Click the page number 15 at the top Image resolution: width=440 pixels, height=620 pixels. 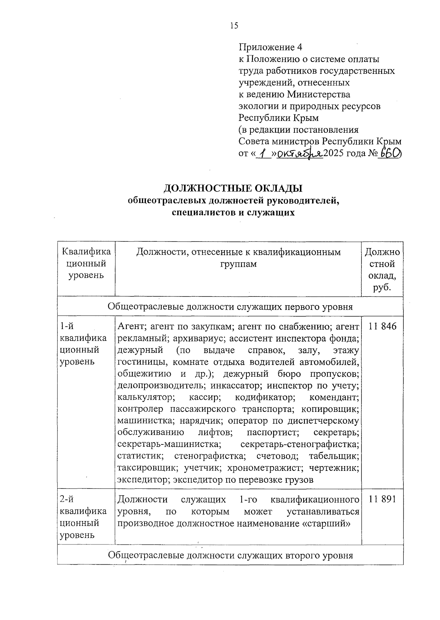click(x=234, y=25)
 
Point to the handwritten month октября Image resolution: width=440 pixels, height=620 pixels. click(x=299, y=154)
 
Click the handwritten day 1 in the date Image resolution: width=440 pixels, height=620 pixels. click(x=261, y=154)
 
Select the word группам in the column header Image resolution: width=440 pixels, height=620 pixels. click(x=239, y=264)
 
